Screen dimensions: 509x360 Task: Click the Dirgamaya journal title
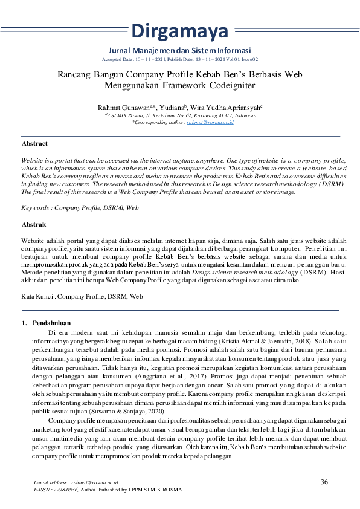click(179, 30)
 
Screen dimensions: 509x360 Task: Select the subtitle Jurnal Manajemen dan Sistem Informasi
click(179, 50)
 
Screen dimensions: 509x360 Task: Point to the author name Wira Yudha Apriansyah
click(233, 107)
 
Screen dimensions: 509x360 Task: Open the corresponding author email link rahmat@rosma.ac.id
click(210, 122)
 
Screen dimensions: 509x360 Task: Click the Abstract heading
click(34, 144)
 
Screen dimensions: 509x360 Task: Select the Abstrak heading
click(34, 224)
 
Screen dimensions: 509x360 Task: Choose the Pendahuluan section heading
click(52, 323)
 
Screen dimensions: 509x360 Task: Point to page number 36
click(324, 482)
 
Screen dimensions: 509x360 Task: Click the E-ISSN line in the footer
click(107, 490)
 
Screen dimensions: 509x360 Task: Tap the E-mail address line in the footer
click(76, 484)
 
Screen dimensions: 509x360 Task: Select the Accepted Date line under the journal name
click(179, 60)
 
